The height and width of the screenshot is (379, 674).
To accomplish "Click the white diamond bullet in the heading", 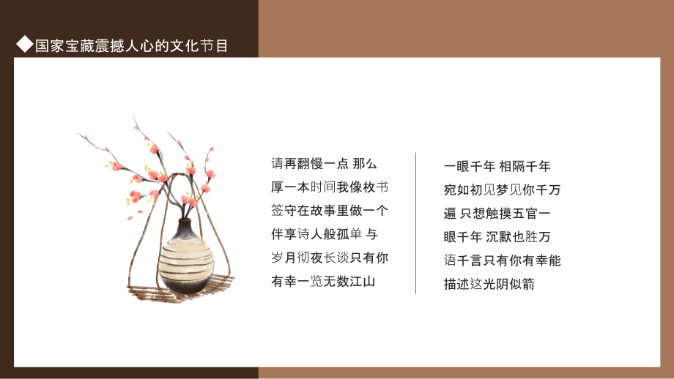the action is click(x=24, y=44).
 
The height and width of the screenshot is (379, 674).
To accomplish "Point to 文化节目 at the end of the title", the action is click(x=199, y=45).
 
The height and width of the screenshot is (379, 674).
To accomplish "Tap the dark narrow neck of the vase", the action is click(x=185, y=226).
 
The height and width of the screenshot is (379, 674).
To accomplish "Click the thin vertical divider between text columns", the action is click(x=415, y=222).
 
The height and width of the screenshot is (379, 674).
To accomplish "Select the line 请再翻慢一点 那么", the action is click(x=324, y=164).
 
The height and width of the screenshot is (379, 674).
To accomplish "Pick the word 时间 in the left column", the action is click(x=323, y=187).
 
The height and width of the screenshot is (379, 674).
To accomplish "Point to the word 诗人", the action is click(x=310, y=234).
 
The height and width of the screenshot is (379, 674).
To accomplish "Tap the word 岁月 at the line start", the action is click(x=284, y=258).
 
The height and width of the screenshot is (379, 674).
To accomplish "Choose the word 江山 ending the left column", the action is click(x=363, y=282).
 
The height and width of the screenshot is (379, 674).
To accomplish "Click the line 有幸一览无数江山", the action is click(x=323, y=282).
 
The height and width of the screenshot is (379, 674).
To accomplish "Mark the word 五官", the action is click(x=525, y=214).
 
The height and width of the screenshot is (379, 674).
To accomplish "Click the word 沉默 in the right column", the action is click(x=499, y=237).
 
